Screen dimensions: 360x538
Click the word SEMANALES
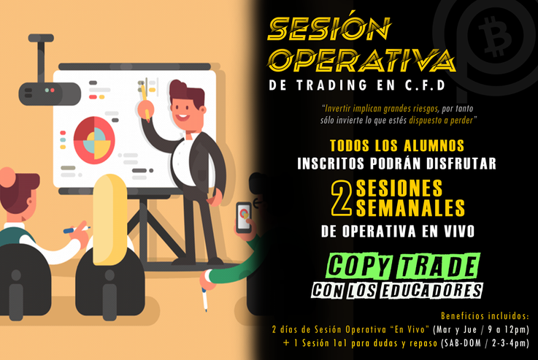pos(410,209)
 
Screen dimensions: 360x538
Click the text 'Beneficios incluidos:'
pos(485,316)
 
